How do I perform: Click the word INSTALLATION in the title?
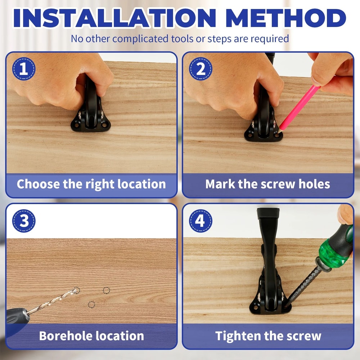[x=114, y=18]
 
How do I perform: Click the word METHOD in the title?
[x=286, y=18]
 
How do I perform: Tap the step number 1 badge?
[x=24, y=69]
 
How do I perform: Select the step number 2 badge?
[x=201, y=69]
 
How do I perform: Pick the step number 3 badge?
[x=24, y=221]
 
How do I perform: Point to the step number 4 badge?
[x=201, y=221]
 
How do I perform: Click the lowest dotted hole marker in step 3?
[x=91, y=305]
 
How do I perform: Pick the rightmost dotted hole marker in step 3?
[x=106, y=291]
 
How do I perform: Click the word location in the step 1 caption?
[x=141, y=184]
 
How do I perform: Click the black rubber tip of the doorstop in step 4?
[x=269, y=213]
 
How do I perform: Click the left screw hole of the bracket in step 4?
[x=256, y=306]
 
